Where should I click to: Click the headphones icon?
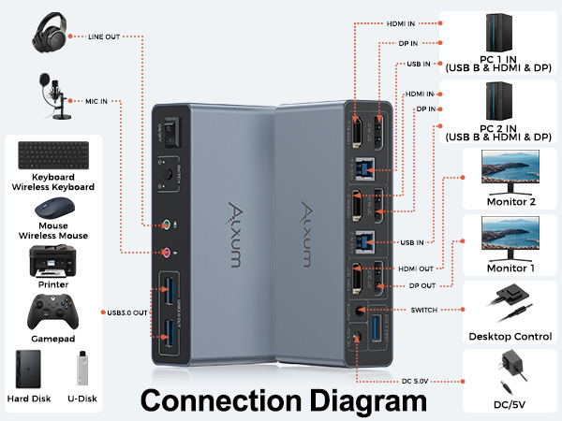coord(54,36)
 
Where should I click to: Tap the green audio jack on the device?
coord(166,225)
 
